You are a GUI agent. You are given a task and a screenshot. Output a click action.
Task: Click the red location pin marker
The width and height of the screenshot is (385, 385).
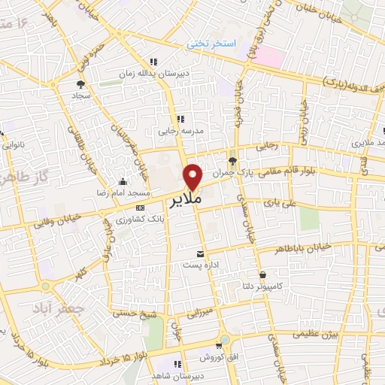click(x=194, y=176)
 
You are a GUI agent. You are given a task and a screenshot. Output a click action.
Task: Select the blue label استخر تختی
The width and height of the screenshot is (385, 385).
click(x=211, y=45)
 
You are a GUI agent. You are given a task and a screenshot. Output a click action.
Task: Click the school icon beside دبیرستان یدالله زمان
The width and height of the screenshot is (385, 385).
click(x=153, y=62)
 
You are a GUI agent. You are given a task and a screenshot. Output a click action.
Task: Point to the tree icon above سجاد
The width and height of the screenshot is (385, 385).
click(x=80, y=83)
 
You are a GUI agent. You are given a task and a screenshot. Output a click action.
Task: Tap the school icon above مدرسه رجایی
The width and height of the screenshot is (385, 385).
click(x=180, y=118)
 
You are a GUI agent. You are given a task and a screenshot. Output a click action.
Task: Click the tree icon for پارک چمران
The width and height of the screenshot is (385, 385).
click(x=232, y=161)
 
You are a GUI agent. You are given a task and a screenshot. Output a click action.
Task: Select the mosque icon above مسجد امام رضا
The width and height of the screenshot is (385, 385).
click(x=123, y=181)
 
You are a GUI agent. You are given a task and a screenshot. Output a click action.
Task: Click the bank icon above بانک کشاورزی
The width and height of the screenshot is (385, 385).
click(x=138, y=207)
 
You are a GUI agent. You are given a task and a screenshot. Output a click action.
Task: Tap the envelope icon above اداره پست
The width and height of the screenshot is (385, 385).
click(x=200, y=253)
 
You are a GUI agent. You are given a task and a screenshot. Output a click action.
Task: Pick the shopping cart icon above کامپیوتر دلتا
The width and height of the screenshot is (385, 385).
click(x=262, y=276)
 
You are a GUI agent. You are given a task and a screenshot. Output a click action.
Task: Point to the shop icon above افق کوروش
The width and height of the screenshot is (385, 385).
click(x=223, y=340)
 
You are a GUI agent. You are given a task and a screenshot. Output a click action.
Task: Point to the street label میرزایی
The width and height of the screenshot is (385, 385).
click(x=202, y=311)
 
